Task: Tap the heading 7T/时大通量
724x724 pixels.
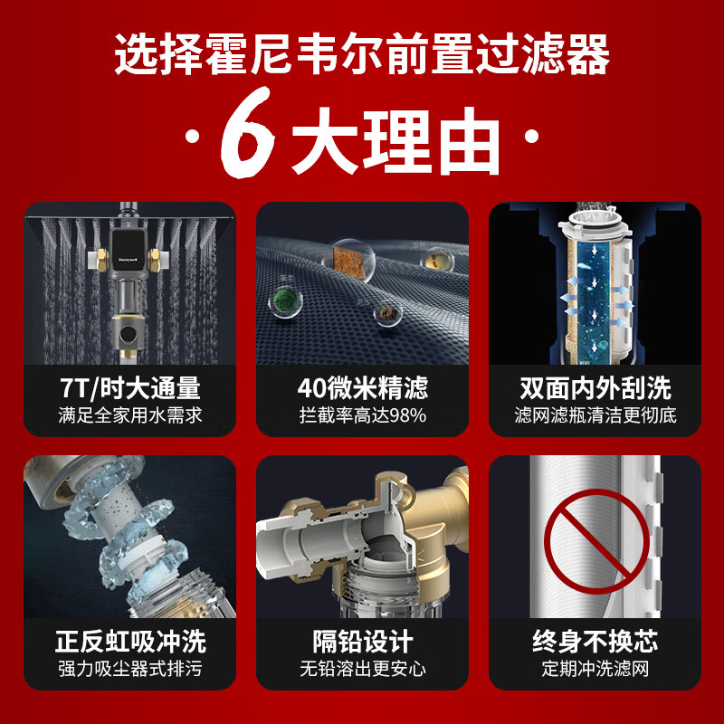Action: tap(129, 388)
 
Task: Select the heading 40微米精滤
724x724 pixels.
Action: tap(363, 388)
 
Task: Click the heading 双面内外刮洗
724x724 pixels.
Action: tap(595, 388)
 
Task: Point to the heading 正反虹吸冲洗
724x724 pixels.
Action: tap(130, 642)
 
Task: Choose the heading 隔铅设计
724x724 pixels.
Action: tap(363, 642)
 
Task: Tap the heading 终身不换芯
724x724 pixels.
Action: tap(595, 642)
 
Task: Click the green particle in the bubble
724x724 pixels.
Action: tap(285, 301)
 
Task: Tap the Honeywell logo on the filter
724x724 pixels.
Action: tap(128, 260)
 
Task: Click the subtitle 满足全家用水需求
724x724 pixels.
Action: tap(130, 415)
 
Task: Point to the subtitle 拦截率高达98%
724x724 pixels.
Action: tap(363, 415)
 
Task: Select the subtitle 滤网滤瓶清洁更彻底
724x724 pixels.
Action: tap(595, 415)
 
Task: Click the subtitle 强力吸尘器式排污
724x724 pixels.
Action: tap(130, 669)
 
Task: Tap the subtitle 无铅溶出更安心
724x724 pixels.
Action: tap(363, 669)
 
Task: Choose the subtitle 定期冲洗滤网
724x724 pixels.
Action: tap(595, 669)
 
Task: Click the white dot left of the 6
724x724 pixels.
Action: tap(192, 137)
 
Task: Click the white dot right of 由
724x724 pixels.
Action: tap(532, 137)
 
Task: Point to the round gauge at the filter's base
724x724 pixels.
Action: tap(128, 332)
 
